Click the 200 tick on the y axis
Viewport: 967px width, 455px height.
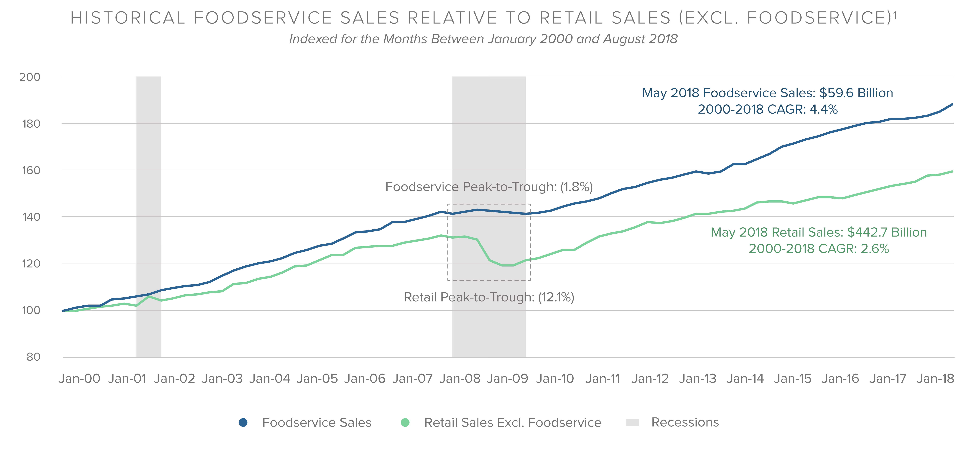pyautogui.click(x=30, y=77)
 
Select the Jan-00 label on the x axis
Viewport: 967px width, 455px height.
pyautogui.click(x=80, y=378)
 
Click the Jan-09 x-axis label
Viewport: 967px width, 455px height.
pyautogui.click(x=507, y=378)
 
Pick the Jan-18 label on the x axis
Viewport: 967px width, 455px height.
pyautogui.click(x=935, y=378)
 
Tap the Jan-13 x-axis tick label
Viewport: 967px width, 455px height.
pyautogui.click(x=698, y=378)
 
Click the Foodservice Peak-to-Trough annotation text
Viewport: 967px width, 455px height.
pyautogui.click(x=489, y=187)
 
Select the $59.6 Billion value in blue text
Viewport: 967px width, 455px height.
pyautogui.click(x=856, y=93)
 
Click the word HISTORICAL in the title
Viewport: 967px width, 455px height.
pyautogui.click(x=128, y=18)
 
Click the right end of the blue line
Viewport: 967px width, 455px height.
pyautogui.click(x=952, y=104)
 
